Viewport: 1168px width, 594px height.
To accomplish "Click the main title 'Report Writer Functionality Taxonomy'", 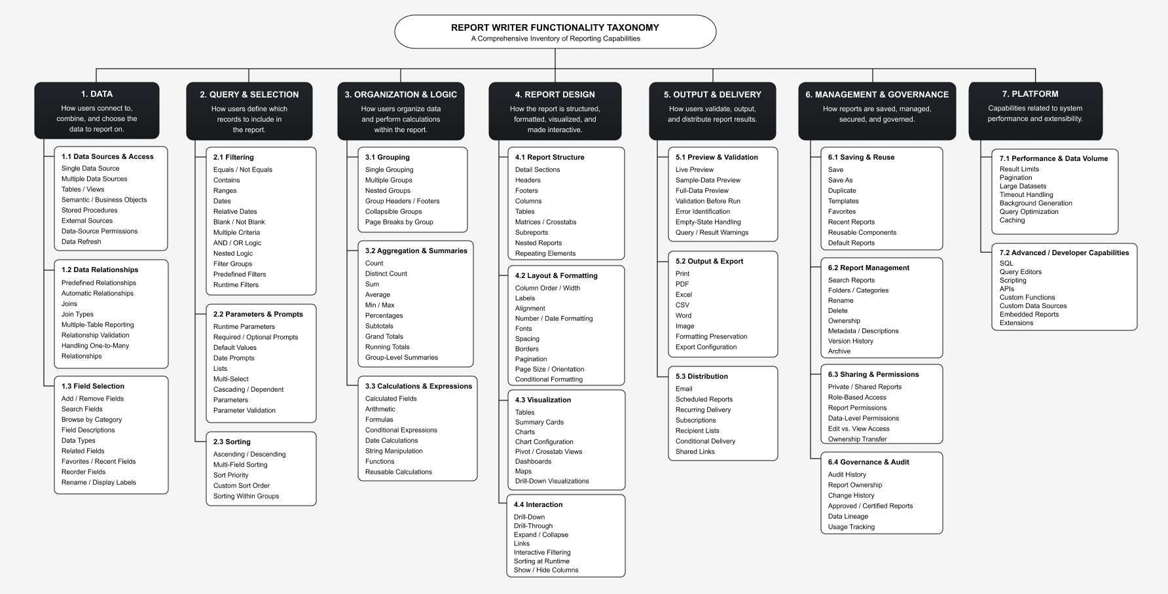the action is point(555,27).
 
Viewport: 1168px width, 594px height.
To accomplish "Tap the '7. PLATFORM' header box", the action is point(1035,110).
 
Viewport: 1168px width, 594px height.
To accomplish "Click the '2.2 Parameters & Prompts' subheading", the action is point(258,314).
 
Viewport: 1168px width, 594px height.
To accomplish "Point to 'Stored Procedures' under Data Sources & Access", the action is point(90,210).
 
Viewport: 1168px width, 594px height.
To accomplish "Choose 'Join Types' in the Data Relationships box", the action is point(77,314).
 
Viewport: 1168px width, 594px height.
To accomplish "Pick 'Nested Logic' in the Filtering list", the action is point(232,253).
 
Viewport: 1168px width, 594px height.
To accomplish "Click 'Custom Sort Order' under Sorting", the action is point(242,485).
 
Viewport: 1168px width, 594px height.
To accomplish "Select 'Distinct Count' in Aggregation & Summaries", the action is point(386,273).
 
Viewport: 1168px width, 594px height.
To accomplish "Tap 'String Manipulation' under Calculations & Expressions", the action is point(394,451).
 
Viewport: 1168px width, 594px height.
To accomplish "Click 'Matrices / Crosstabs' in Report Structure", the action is point(545,222).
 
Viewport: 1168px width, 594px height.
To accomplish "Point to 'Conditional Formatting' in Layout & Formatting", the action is point(549,379).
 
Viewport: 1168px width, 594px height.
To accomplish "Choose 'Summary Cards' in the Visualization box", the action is point(539,422).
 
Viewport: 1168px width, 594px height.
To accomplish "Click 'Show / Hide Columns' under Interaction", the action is point(546,570).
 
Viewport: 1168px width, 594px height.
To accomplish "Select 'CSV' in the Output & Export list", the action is point(682,305).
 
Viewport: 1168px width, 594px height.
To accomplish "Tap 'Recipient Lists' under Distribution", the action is point(697,430).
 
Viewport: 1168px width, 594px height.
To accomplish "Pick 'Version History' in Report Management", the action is point(850,341).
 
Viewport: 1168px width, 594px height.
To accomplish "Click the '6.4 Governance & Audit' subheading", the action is point(868,462).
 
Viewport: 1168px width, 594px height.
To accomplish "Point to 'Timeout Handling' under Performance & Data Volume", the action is point(1027,194).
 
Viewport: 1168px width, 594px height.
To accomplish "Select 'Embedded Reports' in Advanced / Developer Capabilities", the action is point(1029,314).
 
